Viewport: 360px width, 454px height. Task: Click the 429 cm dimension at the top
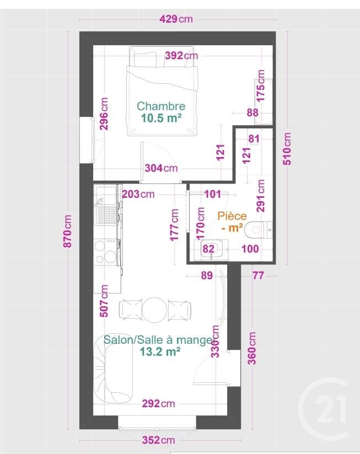[x=176, y=19]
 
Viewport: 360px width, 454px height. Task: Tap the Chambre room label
[x=161, y=106]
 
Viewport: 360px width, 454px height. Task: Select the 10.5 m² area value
[x=162, y=118]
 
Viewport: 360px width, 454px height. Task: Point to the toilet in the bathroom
[x=259, y=230]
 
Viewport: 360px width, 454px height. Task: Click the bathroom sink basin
[x=211, y=248]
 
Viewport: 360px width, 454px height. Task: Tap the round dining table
[x=155, y=309]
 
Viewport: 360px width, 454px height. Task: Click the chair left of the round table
[x=130, y=309]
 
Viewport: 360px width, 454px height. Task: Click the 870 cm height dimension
[x=67, y=231]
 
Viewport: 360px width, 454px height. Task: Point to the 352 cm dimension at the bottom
[x=158, y=440]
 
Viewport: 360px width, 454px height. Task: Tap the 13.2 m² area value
[x=160, y=352]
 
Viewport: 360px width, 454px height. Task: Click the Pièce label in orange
[x=232, y=216]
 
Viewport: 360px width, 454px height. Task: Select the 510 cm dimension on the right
[x=287, y=149]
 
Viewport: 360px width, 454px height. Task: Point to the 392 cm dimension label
[x=181, y=55]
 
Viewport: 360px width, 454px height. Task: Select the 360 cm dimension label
[x=252, y=348]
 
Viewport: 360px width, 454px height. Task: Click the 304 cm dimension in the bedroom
[x=161, y=168]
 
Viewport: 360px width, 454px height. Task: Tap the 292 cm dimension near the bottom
[x=158, y=403]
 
